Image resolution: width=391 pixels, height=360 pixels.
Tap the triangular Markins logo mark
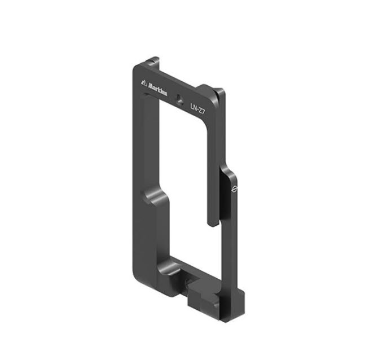pos(144,82)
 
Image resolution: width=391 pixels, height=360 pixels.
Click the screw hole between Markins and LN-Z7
pos(179,99)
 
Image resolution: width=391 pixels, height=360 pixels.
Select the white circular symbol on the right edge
pos(234,189)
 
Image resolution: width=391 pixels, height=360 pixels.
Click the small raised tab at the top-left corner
pos(155,60)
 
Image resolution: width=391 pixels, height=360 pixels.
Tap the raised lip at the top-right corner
pos(219,91)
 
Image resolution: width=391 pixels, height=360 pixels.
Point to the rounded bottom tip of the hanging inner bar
pos(213,223)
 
